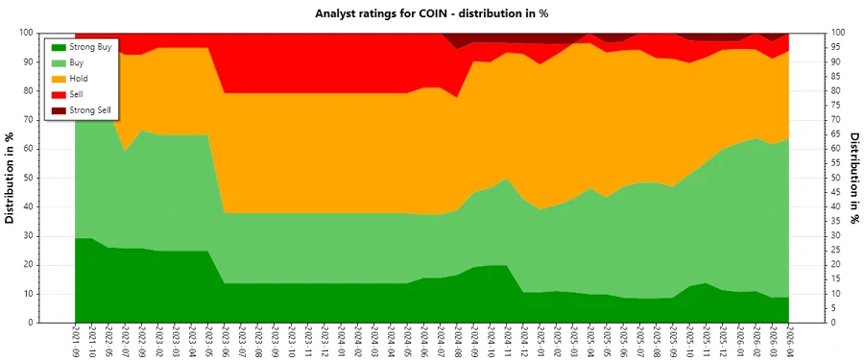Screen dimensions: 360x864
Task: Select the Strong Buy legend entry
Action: [90, 46]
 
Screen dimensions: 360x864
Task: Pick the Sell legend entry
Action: [77, 94]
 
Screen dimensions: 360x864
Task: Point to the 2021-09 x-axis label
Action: [76, 341]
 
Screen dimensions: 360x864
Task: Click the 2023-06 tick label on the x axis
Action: [225, 341]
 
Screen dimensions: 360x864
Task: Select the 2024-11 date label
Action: [508, 341]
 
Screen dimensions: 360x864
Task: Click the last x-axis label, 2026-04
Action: [790, 341]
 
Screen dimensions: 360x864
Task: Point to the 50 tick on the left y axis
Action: [30, 178]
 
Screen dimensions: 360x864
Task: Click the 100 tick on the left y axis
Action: [27, 33]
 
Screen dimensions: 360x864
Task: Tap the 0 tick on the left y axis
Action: [33, 323]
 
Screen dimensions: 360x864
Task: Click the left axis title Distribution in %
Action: [10, 178]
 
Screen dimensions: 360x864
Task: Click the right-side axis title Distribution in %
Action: [853, 178]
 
